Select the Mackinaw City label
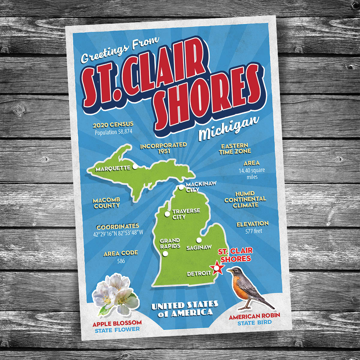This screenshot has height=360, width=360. coord(200,186)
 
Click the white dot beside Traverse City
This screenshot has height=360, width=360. coord(167,214)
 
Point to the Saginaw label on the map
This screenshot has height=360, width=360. coord(199,248)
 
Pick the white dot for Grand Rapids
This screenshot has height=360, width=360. coord(165,254)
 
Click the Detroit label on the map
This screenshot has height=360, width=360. coord(199,274)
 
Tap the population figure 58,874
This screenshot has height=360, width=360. coord(113,131)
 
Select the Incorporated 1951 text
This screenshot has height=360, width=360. coord(163,148)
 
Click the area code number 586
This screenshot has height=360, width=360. coord(121,261)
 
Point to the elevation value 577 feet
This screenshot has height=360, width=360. coord(254,231)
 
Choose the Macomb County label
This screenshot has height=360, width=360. coord(106,203)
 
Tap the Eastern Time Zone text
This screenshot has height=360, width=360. coord(235,149)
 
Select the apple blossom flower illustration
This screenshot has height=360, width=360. coord(115,294)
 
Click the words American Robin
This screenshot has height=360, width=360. coord(254,316)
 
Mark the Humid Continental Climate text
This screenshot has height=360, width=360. coord(245,199)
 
